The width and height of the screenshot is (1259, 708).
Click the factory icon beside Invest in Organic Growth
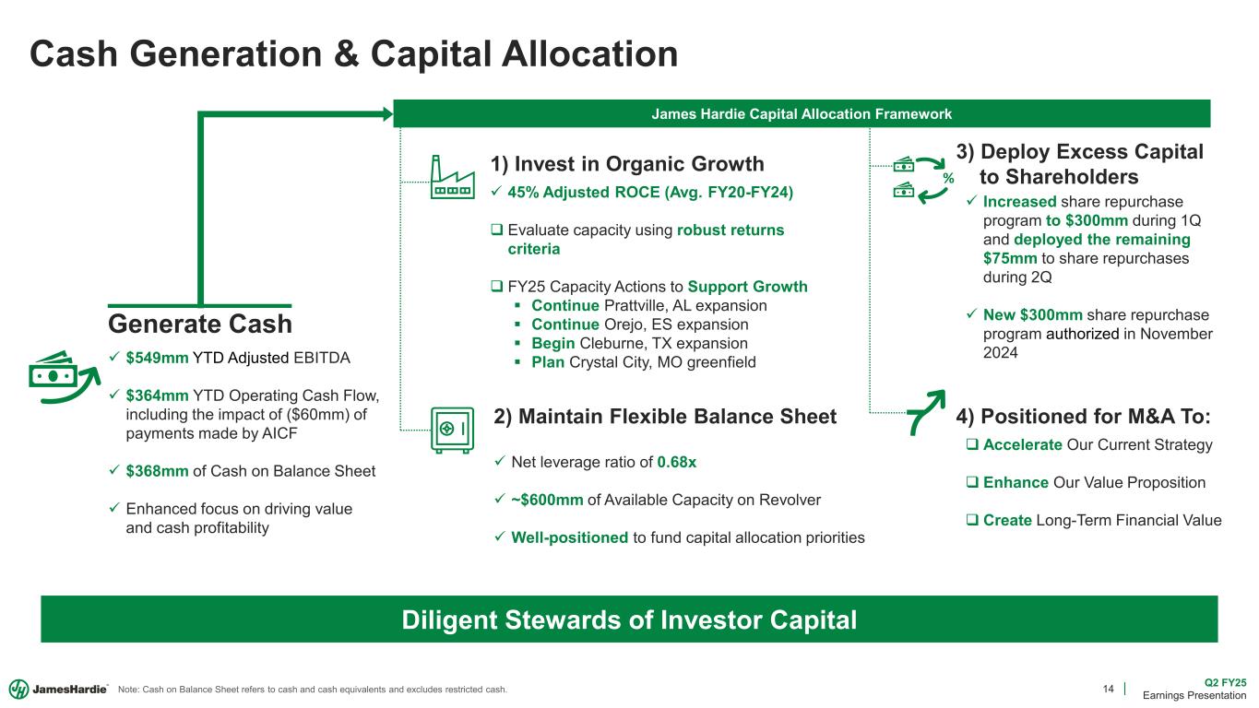pyautogui.click(x=453, y=177)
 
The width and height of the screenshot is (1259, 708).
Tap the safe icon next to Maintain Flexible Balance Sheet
pyautogui.click(x=453, y=430)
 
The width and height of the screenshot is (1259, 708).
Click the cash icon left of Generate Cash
pyautogui.click(x=64, y=378)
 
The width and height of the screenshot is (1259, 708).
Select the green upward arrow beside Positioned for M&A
pyautogui.click(x=926, y=413)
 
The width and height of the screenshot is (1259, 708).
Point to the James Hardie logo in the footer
pyautogui.click(x=58, y=689)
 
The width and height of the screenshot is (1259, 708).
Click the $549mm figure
pyautogui.click(x=157, y=358)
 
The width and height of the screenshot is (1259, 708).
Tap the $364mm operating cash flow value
pyautogui.click(x=157, y=395)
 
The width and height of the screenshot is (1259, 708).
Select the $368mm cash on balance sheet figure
pyautogui.click(x=157, y=471)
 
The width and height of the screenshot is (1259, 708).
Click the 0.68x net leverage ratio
pyautogui.click(x=677, y=462)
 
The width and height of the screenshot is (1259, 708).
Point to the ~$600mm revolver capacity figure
pyautogui.click(x=547, y=500)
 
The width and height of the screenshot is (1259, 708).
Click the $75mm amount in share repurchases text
pyautogui.click(x=1010, y=258)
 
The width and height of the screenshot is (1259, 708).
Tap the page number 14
pyautogui.click(x=1108, y=689)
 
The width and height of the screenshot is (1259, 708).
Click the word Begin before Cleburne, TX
pyautogui.click(x=553, y=343)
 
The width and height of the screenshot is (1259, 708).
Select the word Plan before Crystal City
pyautogui.click(x=548, y=362)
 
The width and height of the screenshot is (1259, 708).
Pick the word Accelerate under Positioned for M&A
pyautogui.click(x=1022, y=444)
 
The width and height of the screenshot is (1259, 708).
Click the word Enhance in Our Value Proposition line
pyautogui.click(x=1016, y=482)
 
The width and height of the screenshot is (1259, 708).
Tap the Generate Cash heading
pyautogui.click(x=200, y=324)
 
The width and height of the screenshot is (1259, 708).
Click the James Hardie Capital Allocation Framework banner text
pyautogui.click(x=802, y=114)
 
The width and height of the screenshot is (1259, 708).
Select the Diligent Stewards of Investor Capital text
pyautogui.click(x=629, y=619)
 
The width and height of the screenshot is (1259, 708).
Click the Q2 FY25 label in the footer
pyautogui.click(x=1225, y=683)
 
